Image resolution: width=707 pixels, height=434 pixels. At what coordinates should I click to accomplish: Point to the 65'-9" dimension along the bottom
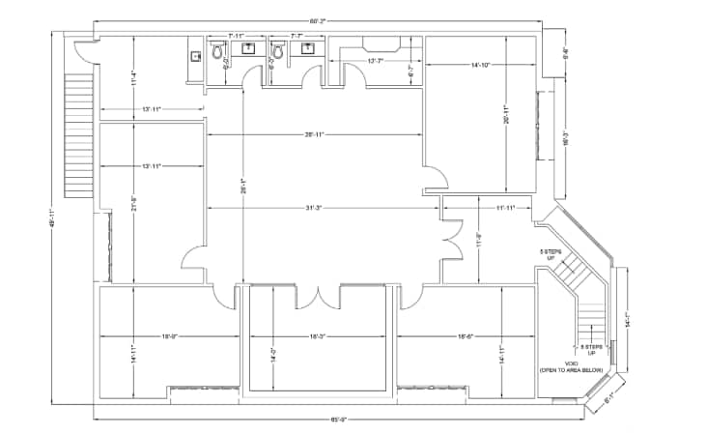(339, 419)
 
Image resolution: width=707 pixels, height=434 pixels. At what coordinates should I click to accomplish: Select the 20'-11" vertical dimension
(506, 115)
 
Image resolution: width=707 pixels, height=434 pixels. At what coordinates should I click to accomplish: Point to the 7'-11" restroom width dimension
(238, 36)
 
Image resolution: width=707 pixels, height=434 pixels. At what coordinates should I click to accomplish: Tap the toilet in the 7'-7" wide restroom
(278, 49)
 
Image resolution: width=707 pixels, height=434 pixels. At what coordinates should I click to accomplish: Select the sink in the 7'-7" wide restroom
(308, 49)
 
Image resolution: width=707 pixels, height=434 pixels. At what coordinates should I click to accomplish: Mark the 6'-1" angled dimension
(609, 396)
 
